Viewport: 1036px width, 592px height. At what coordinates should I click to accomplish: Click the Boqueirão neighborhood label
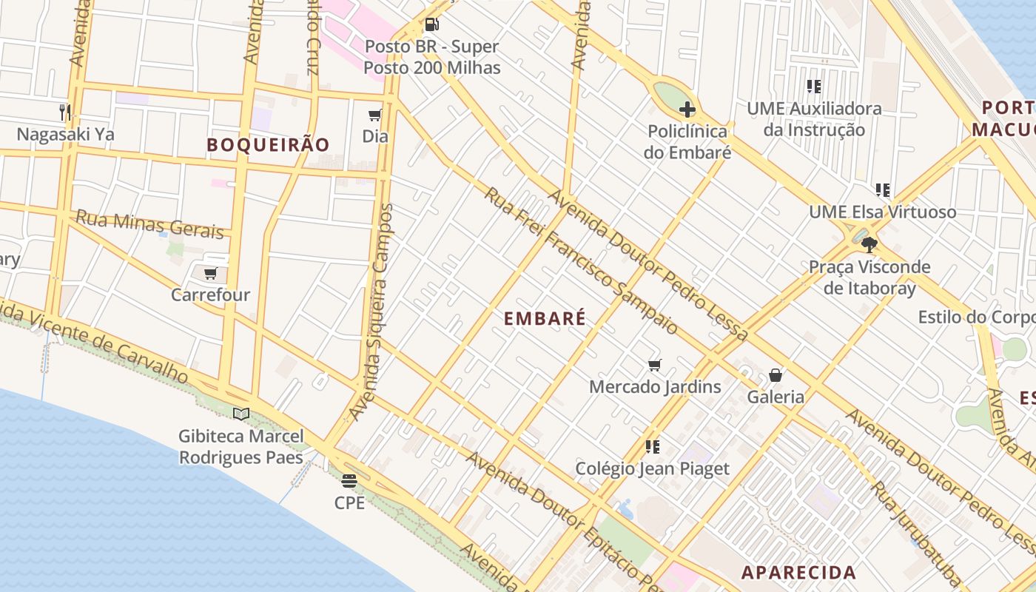(268, 145)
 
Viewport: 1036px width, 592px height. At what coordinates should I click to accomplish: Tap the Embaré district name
(545, 319)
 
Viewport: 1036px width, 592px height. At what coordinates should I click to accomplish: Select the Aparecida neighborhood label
(798, 573)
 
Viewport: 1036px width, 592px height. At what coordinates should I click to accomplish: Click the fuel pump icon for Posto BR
(431, 24)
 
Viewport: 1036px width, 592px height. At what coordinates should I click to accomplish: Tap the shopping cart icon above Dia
(375, 115)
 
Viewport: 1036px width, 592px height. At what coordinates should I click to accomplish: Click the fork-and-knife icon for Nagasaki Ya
(65, 112)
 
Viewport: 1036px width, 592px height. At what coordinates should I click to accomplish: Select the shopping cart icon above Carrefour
(211, 273)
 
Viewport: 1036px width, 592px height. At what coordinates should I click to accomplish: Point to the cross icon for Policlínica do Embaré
(687, 110)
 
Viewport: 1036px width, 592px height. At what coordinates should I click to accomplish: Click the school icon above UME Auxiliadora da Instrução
(814, 87)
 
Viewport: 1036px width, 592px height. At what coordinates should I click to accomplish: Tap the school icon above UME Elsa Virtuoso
(882, 190)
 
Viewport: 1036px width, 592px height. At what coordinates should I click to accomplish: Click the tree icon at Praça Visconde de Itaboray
(869, 244)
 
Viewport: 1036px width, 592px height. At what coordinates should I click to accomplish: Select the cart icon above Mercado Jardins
(654, 365)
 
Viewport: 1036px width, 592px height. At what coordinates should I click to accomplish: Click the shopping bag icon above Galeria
(775, 375)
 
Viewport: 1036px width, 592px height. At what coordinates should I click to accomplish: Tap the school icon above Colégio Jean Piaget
(652, 446)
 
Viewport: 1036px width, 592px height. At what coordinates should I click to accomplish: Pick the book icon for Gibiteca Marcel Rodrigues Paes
(241, 414)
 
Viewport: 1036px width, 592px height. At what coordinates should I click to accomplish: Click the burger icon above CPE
(349, 481)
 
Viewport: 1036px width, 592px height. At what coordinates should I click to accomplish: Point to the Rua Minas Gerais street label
(149, 224)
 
